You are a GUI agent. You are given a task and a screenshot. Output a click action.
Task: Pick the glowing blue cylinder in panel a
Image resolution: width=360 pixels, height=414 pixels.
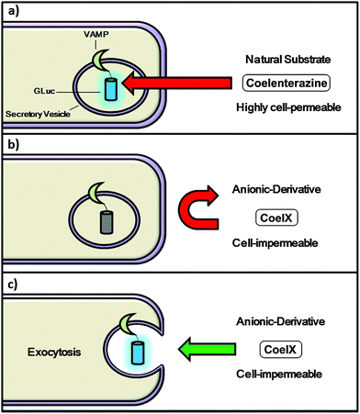click(111, 89)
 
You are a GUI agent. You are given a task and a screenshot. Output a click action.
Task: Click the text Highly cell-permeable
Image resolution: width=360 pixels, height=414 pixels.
click(280, 107)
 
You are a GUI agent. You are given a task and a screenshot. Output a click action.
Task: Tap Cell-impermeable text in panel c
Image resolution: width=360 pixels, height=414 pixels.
click(280, 375)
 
